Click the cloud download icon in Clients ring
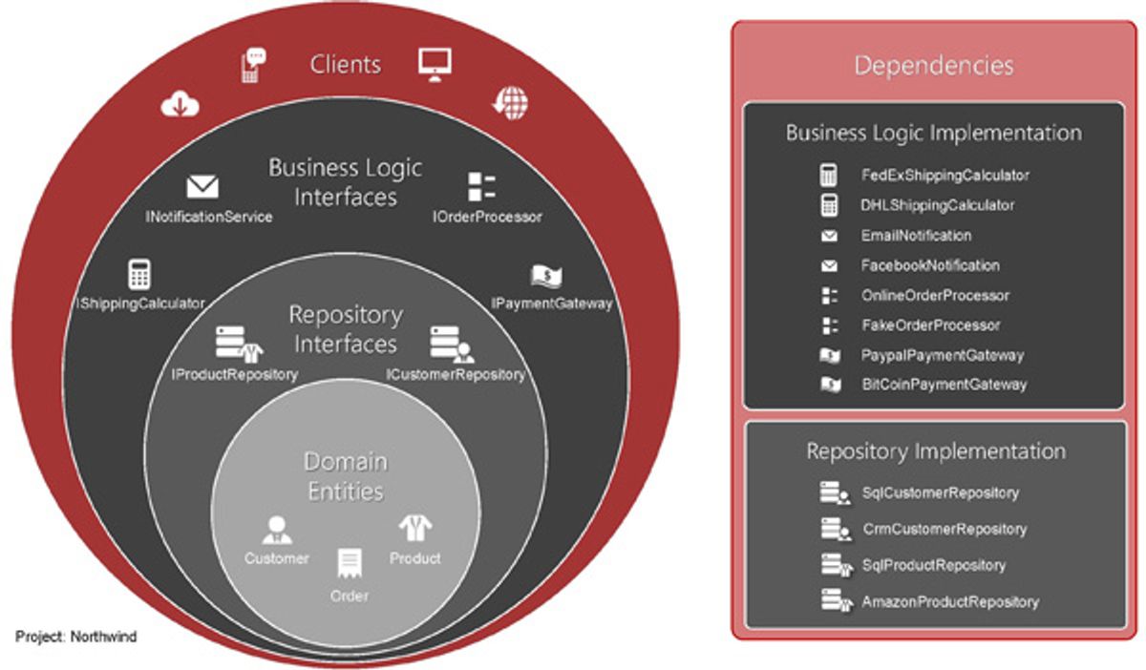[180, 104]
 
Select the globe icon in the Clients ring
[511, 103]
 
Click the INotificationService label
[209, 217]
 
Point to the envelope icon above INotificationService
[202, 187]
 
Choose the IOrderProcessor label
[487, 217]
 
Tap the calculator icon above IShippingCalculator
[139, 274]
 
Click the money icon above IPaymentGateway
[546, 276]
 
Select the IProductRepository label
[235, 374]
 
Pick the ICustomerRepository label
[456, 374]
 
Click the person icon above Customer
[277, 530]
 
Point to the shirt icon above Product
[415, 528]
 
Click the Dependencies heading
[934, 66]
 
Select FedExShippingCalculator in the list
[944, 176]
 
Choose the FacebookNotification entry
[930, 265]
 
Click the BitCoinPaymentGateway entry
[944, 385]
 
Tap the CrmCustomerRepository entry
[944, 529]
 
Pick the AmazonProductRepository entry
[950, 602]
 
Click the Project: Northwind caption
[75, 637]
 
